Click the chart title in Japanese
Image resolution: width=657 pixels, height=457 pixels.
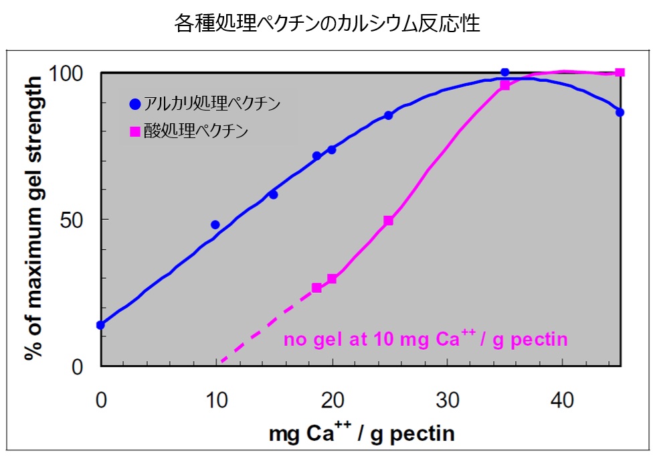pyautogui.click(x=328, y=24)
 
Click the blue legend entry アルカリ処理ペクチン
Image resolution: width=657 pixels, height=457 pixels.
pyautogui.click(x=205, y=104)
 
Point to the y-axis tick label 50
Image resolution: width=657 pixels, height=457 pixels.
pyautogui.click(x=78, y=220)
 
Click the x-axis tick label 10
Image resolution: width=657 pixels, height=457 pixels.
pyautogui.click(x=216, y=400)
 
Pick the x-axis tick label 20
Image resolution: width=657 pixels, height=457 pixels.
pyautogui.click(x=332, y=400)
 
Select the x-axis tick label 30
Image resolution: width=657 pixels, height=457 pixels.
pyautogui.click(x=448, y=400)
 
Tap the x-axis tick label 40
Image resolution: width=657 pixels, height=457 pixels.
pyautogui.click(x=563, y=400)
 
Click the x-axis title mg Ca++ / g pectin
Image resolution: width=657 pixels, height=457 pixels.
pyautogui.click(x=362, y=434)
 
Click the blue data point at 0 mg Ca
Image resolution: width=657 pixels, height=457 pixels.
pyautogui.click(x=101, y=325)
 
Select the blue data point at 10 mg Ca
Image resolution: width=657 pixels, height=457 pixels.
pyautogui.click(x=215, y=224)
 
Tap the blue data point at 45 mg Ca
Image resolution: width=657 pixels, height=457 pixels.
pyautogui.click(x=620, y=112)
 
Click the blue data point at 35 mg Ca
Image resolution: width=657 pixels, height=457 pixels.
pyautogui.click(x=505, y=72)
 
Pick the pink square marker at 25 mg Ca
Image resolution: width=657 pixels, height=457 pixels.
pyautogui.click(x=389, y=220)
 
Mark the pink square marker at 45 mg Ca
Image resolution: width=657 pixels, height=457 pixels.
pyautogui.click(x=620, y=72)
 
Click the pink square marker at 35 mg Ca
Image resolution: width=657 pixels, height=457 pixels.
pyautogui.click(x=505, y=86)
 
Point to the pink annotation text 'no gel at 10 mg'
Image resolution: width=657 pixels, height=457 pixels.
pyautogui.click(x=426, y=339)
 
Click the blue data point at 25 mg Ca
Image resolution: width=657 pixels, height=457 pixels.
pyautogui.click(x=388, y=115)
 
